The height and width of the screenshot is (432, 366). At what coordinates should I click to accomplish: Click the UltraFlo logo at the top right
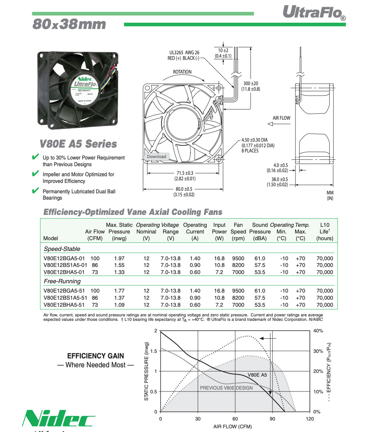314,12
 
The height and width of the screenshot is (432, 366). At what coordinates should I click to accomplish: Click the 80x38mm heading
69,25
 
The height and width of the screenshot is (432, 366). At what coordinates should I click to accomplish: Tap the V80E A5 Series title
78,144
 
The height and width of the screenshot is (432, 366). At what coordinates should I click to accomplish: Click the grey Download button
156,157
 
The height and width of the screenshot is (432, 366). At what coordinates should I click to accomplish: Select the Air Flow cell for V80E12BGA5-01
95,258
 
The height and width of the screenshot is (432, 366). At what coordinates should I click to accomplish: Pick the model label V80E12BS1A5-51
65,298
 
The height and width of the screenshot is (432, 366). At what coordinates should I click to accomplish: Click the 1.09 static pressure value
119,305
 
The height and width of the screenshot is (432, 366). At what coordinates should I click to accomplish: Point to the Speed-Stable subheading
62,249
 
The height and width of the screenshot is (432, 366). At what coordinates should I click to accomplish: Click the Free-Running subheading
62,281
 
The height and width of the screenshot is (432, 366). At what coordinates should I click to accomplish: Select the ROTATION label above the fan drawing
182,72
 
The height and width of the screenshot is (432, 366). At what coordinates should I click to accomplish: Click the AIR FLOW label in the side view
281,118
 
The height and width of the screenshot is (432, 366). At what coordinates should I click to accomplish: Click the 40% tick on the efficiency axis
318,331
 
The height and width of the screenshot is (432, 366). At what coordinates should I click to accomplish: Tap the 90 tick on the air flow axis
272,419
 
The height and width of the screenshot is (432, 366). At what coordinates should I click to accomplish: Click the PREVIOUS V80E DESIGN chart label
226,388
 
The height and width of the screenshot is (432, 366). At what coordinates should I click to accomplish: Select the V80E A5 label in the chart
257,375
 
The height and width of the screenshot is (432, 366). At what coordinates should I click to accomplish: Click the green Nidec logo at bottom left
58,418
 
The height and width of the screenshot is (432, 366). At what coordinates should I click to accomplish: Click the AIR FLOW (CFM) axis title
235,426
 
